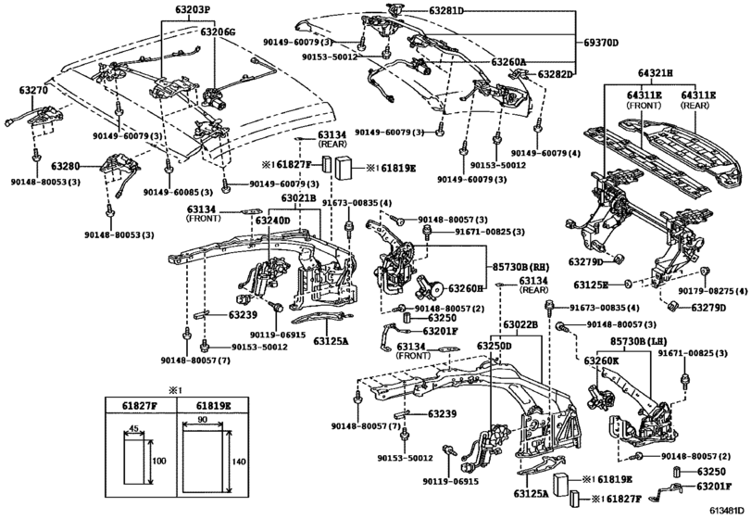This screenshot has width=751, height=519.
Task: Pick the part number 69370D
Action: tap(602, 43)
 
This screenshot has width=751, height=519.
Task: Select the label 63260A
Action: tap(507, 62)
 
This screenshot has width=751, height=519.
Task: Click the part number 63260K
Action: tap(601, 359)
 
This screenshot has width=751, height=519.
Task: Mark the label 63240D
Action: tap(274, 221)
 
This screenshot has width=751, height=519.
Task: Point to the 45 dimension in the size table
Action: tap(134, 428)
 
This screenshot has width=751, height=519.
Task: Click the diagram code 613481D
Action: tap(728, 510)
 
